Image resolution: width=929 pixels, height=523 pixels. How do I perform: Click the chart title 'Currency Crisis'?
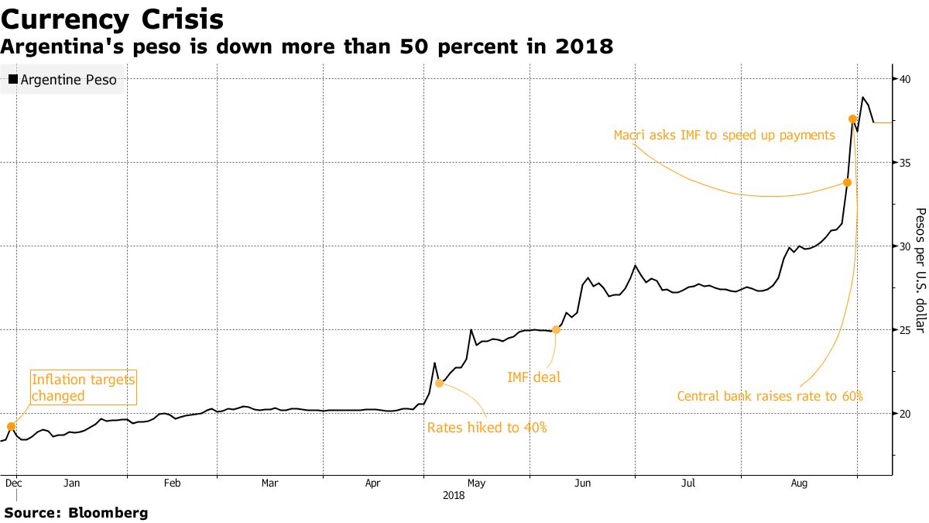pyautogui.click(x=113, y=19)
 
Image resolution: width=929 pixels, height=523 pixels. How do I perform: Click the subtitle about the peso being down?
pyautogui.click(x=307, y=48)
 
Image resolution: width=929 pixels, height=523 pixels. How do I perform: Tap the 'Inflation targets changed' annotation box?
pyautogui.click(x=83, y=387)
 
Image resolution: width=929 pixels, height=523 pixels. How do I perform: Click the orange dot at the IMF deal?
pyautogui.click(x=556, y=329)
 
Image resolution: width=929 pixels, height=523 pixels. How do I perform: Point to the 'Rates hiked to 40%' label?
pyautogui.click(x=487, y=428)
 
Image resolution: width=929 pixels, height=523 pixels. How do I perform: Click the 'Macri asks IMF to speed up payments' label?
pyautogui.click(x=724, y=135)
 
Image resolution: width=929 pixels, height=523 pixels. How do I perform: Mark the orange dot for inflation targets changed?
pyautogui.click(x=11, y=426)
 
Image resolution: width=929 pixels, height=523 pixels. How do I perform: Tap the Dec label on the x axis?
pyautogui.click(x=14, y=483)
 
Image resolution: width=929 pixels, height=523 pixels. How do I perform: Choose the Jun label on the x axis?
pyautogui.click(x=582, y=483)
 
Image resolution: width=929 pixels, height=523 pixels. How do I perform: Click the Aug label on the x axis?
pyautogui.click(x=799, y=483)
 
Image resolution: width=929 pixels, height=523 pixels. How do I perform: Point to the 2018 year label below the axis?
pyautogui.click(x=454, y=494)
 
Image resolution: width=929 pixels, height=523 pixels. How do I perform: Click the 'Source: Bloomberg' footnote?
pyautogui.click(x=76, y=512)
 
